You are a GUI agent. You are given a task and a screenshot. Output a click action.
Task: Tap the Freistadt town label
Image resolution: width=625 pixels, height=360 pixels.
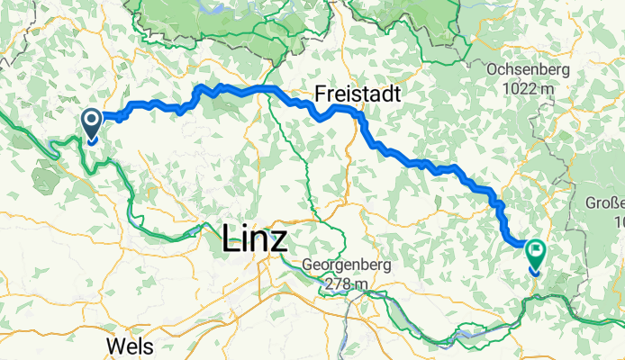coord(358,94)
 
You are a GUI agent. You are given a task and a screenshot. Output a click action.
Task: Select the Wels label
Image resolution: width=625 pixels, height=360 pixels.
coord(129,346)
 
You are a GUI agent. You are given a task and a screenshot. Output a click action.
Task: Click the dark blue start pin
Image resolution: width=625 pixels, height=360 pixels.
coord(92,123)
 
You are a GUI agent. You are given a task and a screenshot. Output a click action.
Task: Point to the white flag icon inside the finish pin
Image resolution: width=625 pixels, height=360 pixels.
coord(537,252)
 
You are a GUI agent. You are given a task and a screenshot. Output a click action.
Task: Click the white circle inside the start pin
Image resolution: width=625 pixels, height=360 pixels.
coord(92,120)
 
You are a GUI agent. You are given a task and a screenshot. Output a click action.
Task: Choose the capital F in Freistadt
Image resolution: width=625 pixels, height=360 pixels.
coord(321,94)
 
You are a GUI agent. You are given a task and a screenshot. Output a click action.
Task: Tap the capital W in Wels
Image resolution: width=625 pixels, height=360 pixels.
coord(113,346)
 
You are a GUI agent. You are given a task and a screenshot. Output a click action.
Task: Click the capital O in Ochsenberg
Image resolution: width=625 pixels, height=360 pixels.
coord(490,69)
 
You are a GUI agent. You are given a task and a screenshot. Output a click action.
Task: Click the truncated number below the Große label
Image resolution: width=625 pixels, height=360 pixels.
coord(619,220)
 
